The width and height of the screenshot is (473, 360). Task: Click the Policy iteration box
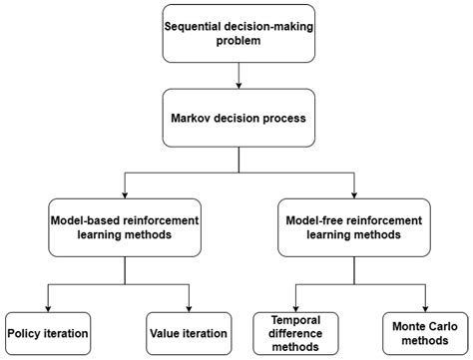click(x=48, y=332)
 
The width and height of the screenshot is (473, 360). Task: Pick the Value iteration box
click(x=189, y=332)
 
